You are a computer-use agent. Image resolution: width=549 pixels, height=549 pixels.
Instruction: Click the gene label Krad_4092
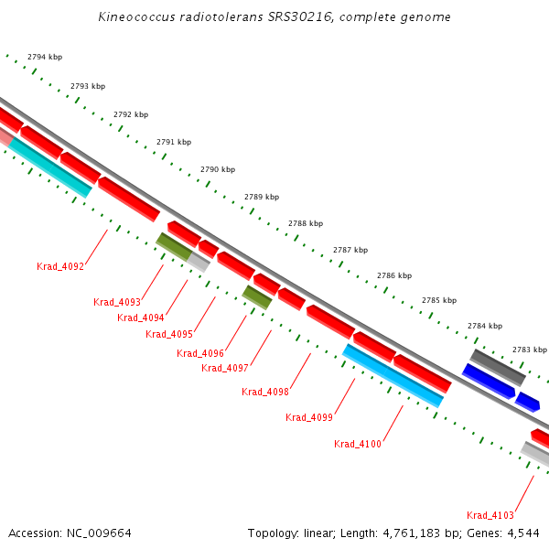tap(60, 266)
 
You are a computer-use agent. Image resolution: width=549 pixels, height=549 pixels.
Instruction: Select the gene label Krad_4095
tap(169, 334)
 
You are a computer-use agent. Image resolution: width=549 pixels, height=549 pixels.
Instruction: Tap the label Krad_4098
tap(265, 392)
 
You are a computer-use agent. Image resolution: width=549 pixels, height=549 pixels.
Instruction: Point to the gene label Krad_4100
tap(358, 444)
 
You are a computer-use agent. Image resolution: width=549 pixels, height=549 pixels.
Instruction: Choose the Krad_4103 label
tap(490, 515)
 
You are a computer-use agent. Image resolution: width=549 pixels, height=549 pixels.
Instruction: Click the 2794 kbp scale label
tap(45, 57)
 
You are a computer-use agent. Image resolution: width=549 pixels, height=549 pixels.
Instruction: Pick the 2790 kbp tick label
tap(218, 169)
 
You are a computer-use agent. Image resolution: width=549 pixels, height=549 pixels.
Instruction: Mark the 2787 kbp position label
tap(350, 250)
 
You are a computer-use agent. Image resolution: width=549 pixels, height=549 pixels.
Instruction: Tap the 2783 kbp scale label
tap(530, 350)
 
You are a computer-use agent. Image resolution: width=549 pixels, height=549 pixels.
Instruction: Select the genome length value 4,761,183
tap(412, 533)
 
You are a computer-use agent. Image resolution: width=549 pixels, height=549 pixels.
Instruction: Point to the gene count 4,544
tap(523, 533)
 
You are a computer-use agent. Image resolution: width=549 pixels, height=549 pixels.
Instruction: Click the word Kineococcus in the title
tap(136, 16)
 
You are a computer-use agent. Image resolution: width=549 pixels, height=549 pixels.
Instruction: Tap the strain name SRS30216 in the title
tap(300, 16)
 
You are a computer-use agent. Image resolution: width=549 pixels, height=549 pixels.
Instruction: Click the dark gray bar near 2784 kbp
tap(498, 368)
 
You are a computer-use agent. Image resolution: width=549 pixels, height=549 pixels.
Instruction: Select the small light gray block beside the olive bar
tap(199, 262)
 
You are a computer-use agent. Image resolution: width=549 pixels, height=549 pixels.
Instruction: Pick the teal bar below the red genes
tap(50, 167)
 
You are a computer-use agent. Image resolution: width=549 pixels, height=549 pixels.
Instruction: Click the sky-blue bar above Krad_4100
tap(393, 376)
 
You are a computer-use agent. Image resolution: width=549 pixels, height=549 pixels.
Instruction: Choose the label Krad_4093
tap(117, 302)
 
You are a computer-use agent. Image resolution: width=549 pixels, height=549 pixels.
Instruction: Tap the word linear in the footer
tap(319, 533)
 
